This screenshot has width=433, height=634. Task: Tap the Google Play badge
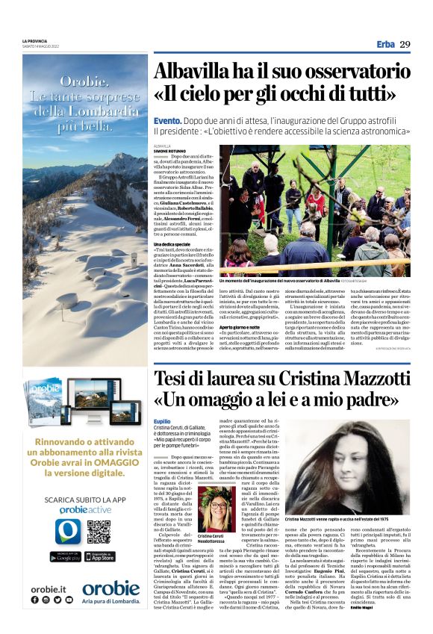[x=65, y=556]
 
